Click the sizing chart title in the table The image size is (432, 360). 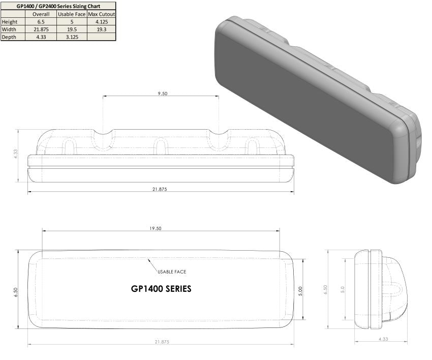[58, 6]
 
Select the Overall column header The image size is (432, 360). [41, 14]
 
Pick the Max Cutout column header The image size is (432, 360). [102, 14]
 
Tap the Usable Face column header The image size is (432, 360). [72, 14]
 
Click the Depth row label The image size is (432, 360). [9, 37]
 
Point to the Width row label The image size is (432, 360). [10, 29]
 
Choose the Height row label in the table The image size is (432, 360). [10, 21]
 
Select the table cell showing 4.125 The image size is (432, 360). [102, 21]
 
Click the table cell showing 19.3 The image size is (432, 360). [102, 29]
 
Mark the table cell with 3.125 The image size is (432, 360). [72, 37]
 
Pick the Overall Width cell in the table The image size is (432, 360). [41, 29]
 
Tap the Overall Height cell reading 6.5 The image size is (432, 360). [41, 21]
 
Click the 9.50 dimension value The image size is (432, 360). [162, 94]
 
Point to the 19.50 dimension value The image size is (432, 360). [156, 229]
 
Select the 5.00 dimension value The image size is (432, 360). [300, 291]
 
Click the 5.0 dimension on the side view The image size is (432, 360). [343, 289]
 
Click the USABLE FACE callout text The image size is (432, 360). [172, 272]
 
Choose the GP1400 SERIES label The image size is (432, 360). [161, 288]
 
